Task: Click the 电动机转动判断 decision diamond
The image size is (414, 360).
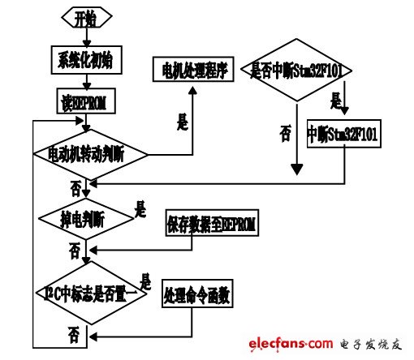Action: (90, 153)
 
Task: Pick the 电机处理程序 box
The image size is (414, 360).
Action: (193, 71)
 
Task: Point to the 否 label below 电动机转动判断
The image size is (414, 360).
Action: (75, 188)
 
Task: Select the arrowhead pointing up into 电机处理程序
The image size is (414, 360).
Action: (193, 87)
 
